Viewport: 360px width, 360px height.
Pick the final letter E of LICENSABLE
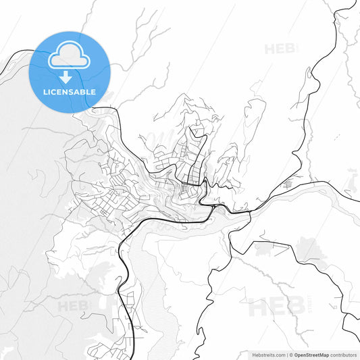93,92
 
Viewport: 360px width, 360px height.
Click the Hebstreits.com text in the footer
269,355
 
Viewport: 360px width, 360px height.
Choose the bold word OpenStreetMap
312,355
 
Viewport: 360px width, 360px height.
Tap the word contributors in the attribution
344,355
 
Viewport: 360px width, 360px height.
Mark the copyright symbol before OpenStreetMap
292,355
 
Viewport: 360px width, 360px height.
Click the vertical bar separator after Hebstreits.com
287,355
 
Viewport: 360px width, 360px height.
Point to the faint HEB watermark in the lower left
76,306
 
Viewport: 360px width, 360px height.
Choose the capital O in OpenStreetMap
297,355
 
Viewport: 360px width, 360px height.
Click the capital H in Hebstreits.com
254,355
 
